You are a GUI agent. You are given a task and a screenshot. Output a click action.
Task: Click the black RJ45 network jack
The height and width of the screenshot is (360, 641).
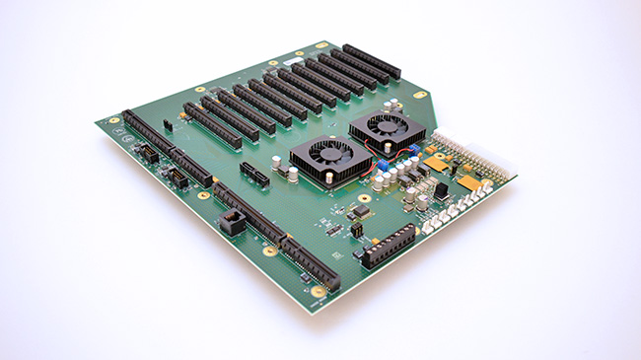(233, 222)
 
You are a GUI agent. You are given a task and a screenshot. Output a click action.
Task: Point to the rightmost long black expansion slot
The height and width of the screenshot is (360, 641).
(372, 60)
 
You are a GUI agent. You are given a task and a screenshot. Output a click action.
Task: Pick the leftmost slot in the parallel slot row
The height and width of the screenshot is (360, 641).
(212, 125)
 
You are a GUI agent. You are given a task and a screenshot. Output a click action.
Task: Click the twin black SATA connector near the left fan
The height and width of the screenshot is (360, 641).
(253, 177)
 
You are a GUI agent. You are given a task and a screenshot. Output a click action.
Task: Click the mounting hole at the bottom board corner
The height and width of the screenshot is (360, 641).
(318, 292)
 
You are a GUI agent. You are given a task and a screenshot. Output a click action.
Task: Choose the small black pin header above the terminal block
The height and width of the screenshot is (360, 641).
(356, 229)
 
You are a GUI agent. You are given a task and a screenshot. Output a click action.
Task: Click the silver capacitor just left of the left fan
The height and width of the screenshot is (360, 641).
(293, 174)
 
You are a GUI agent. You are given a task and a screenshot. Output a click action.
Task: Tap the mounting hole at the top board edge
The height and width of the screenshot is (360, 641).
(321, 44)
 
